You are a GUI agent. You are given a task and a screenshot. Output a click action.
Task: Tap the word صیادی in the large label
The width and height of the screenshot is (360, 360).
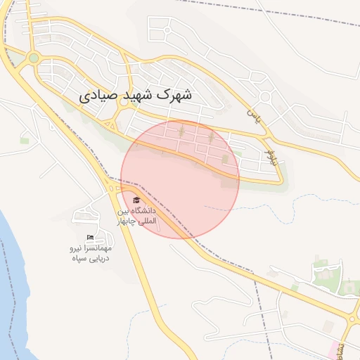pos(96,93)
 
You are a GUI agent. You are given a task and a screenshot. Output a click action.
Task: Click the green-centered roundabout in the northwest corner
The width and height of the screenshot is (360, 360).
pos(33,58)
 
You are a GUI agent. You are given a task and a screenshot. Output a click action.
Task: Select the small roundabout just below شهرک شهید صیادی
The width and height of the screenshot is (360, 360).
pos(124,102)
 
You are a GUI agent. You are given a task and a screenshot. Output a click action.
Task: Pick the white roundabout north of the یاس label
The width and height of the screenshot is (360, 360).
pos(265,96)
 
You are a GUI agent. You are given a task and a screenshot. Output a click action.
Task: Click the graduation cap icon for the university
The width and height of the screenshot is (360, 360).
pos(136,200)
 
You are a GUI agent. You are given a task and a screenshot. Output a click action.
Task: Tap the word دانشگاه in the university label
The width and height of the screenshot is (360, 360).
pos(143,211)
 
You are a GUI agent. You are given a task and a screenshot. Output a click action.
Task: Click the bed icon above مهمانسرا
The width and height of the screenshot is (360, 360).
pos(90,238)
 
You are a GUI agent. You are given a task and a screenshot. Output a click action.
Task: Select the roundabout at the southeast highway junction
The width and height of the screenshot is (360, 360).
pos(352,320)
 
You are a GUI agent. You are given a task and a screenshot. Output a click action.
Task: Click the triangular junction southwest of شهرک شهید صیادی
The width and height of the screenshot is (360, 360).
pos(110,125)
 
